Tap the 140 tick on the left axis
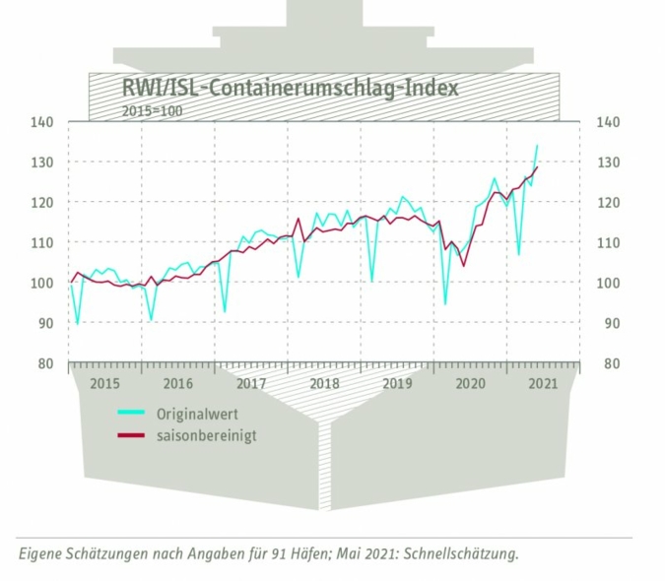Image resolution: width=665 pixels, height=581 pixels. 43,122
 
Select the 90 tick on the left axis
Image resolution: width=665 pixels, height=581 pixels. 46,323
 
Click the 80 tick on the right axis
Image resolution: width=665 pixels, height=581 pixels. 606,363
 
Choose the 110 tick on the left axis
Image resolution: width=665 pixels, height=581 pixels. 43,242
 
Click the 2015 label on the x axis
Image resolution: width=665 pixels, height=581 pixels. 105,384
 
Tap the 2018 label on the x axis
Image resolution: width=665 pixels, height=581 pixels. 324,384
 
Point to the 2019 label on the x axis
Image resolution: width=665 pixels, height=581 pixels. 397,384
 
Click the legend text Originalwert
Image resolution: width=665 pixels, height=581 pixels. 196,415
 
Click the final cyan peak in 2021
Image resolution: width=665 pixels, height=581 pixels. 537,146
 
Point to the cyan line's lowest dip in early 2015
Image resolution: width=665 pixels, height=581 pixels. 77,323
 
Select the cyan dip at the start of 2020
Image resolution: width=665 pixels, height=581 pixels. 445,303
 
